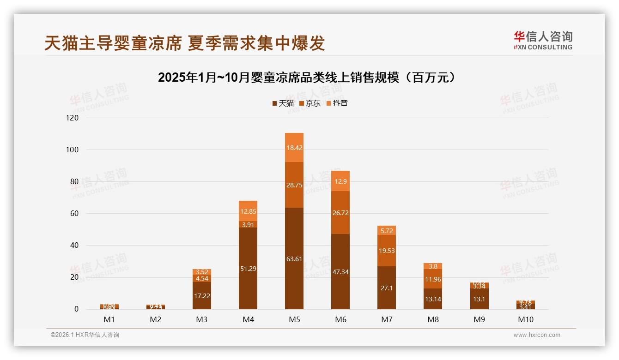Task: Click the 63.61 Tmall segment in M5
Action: (294, 258)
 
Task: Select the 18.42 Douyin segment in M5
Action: (294, 148)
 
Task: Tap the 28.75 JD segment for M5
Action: (294, 185)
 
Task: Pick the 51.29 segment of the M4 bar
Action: (248, 268)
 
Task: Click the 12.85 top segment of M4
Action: (248, 211)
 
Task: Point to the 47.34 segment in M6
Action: (340, 271)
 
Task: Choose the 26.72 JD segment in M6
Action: (340, 212)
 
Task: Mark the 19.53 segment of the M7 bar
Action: (387, 251)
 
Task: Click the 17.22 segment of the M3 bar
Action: (202, 295)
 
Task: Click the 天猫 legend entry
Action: (283, 103)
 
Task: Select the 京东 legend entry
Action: (310, 103)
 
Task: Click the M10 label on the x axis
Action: (525, 319)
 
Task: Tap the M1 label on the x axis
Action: (109, 319)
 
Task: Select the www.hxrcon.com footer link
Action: (537, 335)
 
